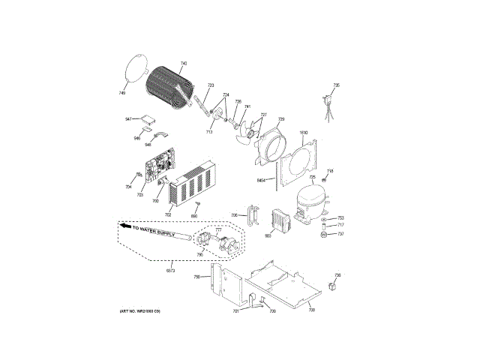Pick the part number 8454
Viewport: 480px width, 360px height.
[x=262, y=180]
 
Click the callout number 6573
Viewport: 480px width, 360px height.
[x=170, y=271]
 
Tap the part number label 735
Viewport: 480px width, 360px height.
[x=337, y=85]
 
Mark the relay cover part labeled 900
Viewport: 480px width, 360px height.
[x=279, y=220]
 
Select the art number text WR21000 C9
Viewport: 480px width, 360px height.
[x=139, y=310]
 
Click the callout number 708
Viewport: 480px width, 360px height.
[x=312, y=310]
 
